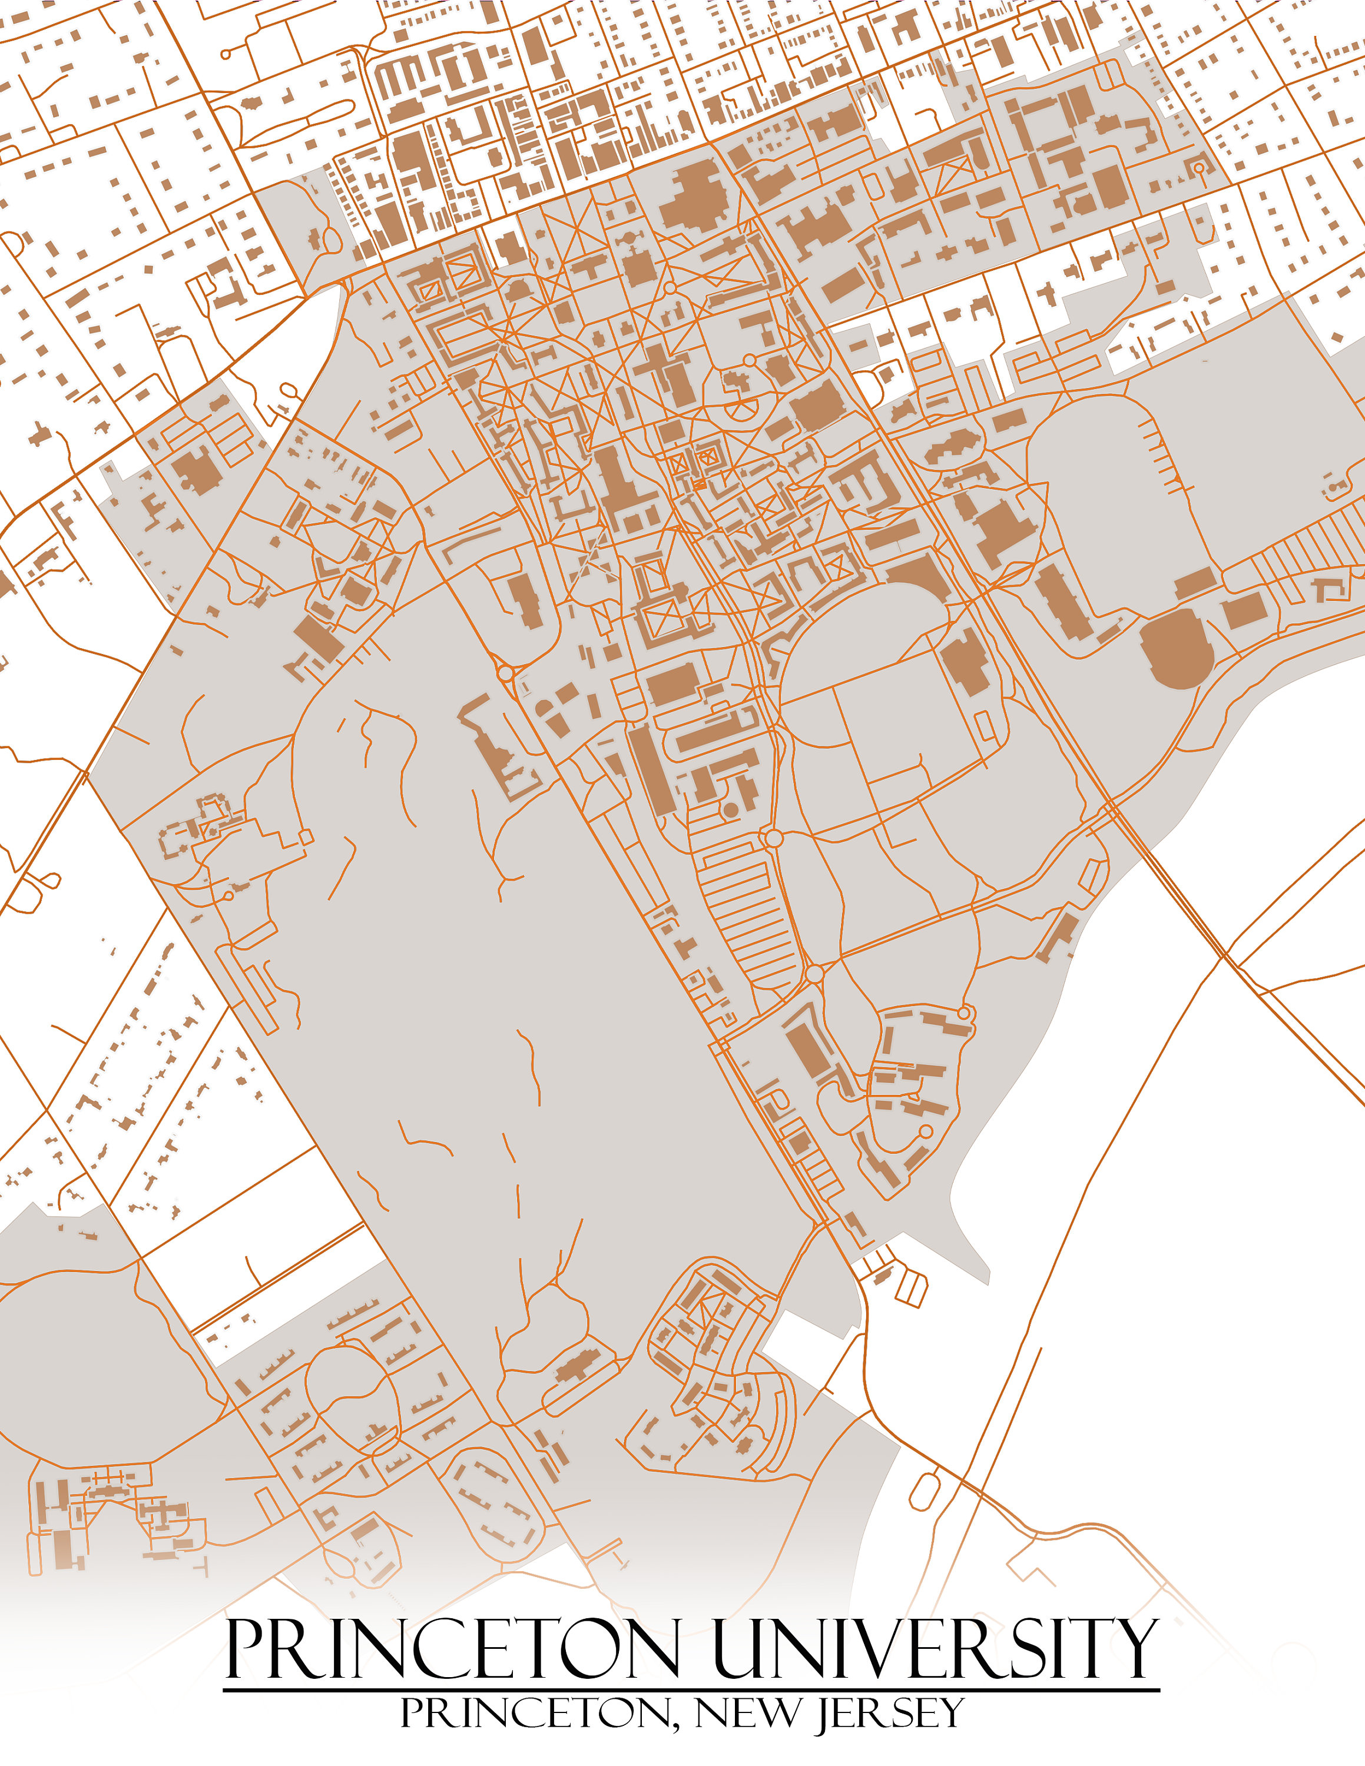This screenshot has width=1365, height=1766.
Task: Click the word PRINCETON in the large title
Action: click(x=453, y=1647)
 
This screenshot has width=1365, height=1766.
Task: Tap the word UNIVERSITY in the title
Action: click(x=936, y=1647)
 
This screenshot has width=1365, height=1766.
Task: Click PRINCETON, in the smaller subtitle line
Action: click(x=538, y=1712)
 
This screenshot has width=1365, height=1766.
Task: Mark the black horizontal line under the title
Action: click(x=691, y=1689)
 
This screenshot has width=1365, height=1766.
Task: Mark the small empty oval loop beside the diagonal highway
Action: click(x=925, y=1491)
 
